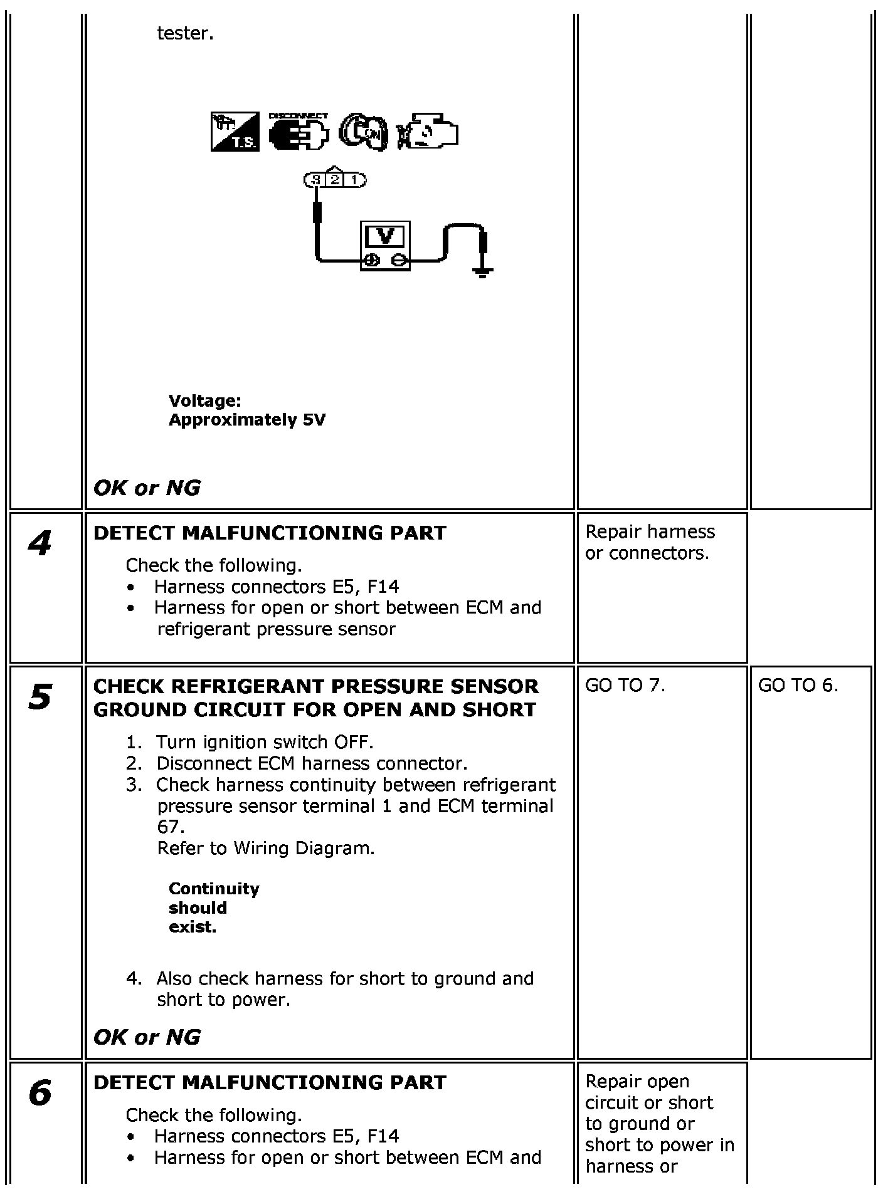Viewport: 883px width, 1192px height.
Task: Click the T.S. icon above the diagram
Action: [235, 132]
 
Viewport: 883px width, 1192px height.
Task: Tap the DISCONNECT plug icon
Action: [299, 133]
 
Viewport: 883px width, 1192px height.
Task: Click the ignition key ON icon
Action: [363, 133]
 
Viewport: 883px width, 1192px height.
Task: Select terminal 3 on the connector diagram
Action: [316, 180]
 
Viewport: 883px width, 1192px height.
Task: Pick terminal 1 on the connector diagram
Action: [354, 180]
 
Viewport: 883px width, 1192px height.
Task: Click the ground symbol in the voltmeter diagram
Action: [482, 272]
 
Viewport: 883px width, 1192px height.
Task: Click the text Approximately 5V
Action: [247, 420]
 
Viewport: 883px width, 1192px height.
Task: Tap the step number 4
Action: [40, 543]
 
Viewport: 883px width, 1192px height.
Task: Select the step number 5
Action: [40, 697]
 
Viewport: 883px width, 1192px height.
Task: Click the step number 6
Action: [40, 1094]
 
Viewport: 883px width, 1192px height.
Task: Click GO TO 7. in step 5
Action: [625, 686]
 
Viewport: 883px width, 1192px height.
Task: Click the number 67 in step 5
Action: [168, 827]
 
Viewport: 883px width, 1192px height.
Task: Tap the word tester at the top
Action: [185, 33]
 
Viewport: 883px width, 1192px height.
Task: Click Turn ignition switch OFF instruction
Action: [264, 743]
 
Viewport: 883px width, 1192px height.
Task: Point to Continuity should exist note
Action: [213, 908]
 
